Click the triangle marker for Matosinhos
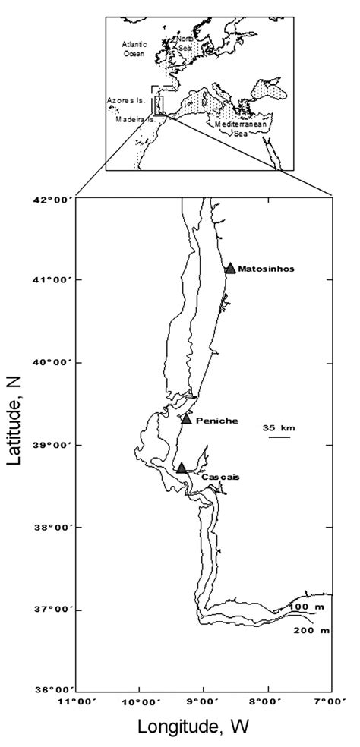click(230, 268)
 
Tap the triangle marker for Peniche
click(186, 418)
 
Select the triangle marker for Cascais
click(182, 468)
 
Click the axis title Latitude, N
click(18, 445)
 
